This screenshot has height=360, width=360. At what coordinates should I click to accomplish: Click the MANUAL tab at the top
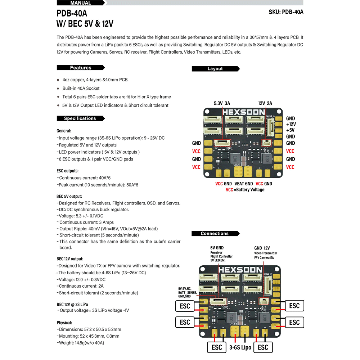point(81,3)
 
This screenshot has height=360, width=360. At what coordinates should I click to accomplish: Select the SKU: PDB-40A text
point(286,12)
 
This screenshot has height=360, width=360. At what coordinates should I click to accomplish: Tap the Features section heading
point(81,68)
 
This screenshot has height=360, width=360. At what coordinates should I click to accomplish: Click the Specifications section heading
point(80,118)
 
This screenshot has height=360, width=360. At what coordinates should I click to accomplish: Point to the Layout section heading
point(215,69)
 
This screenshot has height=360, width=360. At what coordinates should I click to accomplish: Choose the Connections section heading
point(215,234)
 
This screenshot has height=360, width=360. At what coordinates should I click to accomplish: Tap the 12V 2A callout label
point(265,103)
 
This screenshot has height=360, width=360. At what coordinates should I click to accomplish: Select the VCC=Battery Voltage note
point(245,190)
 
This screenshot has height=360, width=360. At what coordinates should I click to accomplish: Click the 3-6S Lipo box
point(240,347)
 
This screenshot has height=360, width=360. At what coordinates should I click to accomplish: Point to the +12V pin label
point(291,124)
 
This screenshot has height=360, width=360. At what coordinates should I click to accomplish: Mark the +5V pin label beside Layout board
point(290,130)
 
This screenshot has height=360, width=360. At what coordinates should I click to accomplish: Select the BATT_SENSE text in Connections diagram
point(187,293)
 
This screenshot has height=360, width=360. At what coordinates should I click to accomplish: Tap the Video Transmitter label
point(266,253)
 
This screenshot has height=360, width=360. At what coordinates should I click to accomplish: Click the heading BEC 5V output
point(69,197)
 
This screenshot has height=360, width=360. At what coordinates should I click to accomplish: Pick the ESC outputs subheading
point(68,171)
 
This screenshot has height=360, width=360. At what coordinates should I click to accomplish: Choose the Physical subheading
point(64,323)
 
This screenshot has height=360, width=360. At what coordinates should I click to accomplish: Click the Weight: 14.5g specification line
point(82,343)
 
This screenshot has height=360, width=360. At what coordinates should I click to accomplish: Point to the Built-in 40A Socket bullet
point(81,88)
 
